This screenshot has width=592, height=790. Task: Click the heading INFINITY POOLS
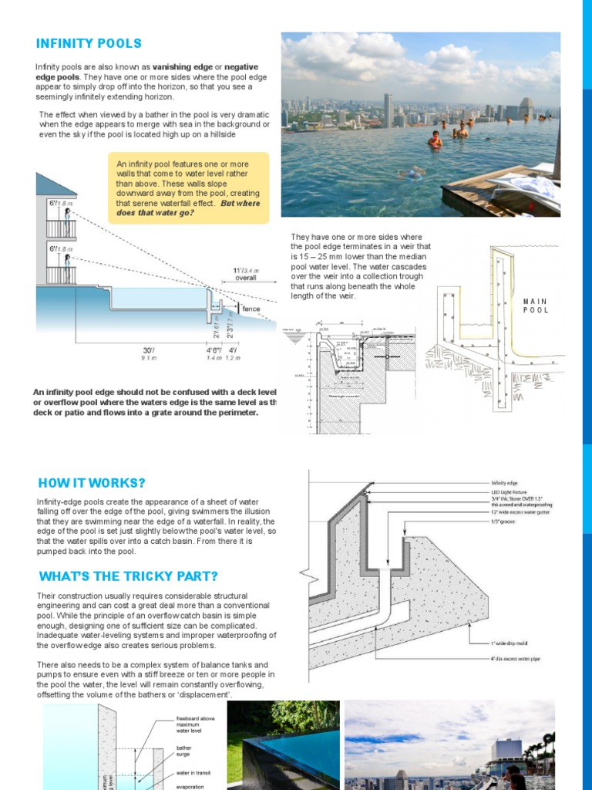(x=89, y=43)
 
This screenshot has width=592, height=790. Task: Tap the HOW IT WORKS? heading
(x=92, y=484)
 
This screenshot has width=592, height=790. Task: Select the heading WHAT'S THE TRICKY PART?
(x=128, y=576)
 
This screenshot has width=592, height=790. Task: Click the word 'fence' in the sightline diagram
(x=251, y=309)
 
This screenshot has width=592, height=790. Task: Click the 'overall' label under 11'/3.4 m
(x=247, y=278)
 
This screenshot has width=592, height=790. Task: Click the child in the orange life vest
(x=436, y=140)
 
